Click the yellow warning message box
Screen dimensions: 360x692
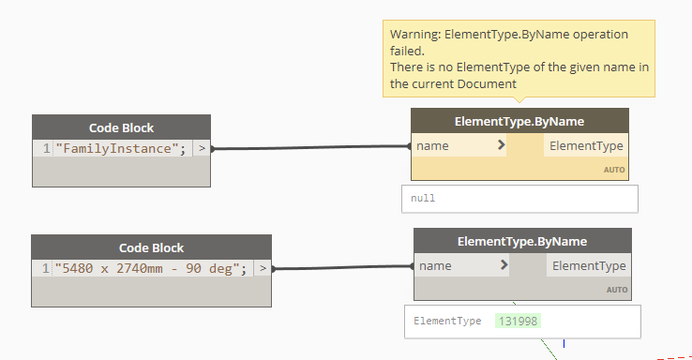pyautogui.click(x=519, y=59)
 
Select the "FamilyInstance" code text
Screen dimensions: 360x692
pyautogui.click(x=123, y=148)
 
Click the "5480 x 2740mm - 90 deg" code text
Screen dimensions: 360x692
pyautogui.click(x=151, y=268)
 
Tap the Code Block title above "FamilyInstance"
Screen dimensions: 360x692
pyautogui.click(x=121, y=127)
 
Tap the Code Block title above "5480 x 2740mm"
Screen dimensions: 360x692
pyautogui.click(x=151, y=247)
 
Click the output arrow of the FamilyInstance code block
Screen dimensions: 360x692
pyautogui.click(x=202, y=148)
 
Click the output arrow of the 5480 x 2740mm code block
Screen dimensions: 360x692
pyautogui.click(x=263, y=268)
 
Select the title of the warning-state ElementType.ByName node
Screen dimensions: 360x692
pyautogui.click(x=519, y=121)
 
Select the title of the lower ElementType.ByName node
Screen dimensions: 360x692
pyautogui.click(x=522, y=241)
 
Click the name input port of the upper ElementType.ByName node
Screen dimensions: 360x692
pyautogui.click(x=433, y=145)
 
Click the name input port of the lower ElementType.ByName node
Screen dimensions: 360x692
pyautogui.click(x=436, y=265)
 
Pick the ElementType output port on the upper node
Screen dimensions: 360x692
pyautogui.click(x=585, y=145)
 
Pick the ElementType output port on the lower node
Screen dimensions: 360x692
pyautogui.click(x=588, y=265)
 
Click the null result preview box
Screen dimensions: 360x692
pyautogui.click(x=519, y=199)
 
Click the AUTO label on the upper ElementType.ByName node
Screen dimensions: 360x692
pyautogui.click(x=613, y=171)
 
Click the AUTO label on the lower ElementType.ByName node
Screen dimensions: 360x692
pyautogui.click(x=616, y=290)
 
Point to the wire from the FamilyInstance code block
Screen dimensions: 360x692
pyautogui.click(x=309, y=147)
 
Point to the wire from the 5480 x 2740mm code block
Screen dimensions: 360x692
pyautogui.click(x=342, y=267)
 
